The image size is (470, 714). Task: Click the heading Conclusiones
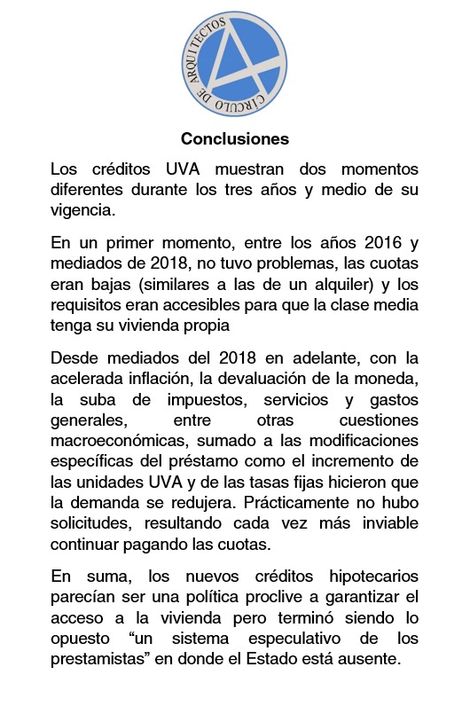(234, 139)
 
